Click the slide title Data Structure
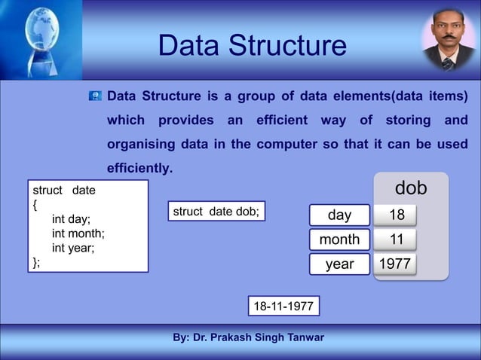pyautogui.click(x=252, y=46)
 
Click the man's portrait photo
pyautogui.click(x=448, y=39)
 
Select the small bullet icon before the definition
pyautogui.click(x=96, y=96)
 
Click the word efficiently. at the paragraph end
pyautogui.click(x=140, y=167)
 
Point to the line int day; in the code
pyautogui.click(x=71, y=219)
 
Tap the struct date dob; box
pyautogui.click(x=216, y=212)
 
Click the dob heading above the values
pyautogui.click(x=411, y=188)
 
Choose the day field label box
pyautogui.click(x=339, y=215)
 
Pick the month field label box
pyautogui.click(x=339, y=239)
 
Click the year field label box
pyautogui.click(x=339, y=264)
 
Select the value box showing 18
pyautogui.click(x=396, y=215)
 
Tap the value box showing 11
pyautogui.click(x=396, y=239)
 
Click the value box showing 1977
pyautogui.click(x=396, y=264)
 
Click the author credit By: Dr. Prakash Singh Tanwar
pyautogui.click(x=248, y=337)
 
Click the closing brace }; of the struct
pyautogui.click(x=36, y=261)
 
